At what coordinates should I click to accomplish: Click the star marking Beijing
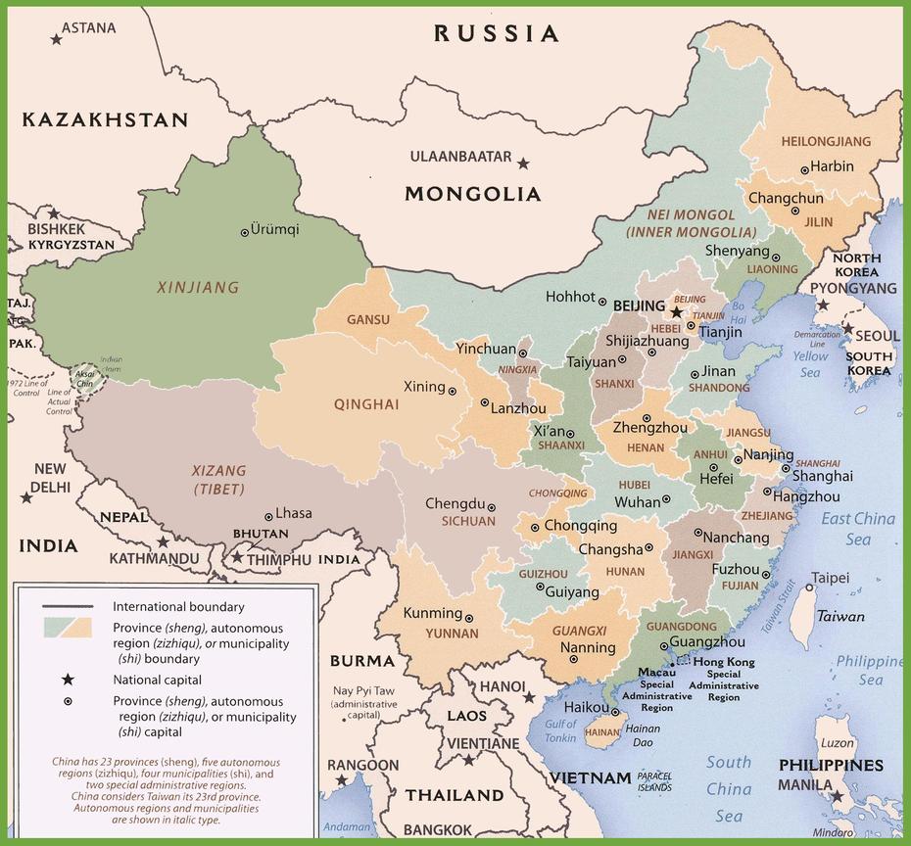[x=676, y=312]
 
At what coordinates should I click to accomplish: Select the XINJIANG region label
[x=198, y=288]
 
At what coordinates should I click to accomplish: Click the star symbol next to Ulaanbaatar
[x=523, y=164]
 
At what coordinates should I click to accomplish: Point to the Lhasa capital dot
[x=268, y=516]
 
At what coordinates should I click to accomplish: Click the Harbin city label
[x=832, y=166]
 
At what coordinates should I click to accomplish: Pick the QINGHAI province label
[x=365, y=404]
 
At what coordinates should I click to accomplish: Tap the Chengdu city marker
[x=492, y=506]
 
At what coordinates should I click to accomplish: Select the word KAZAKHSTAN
[x=105, y=119]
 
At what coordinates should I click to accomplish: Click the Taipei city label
[x=829, y=577]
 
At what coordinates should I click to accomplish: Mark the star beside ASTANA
[x=56, y=38]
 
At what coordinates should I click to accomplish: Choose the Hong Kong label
[x=724, y=662]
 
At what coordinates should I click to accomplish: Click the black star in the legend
[x=68, y=680]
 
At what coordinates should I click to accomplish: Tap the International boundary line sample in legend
[x=68, y=607]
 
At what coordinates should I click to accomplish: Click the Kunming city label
[x=433, y=613]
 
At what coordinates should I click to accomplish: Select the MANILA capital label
[x=804, y=785]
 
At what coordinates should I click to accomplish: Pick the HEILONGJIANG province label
[x=826, y=142]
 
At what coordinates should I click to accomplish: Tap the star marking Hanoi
[x=530, y=697]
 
